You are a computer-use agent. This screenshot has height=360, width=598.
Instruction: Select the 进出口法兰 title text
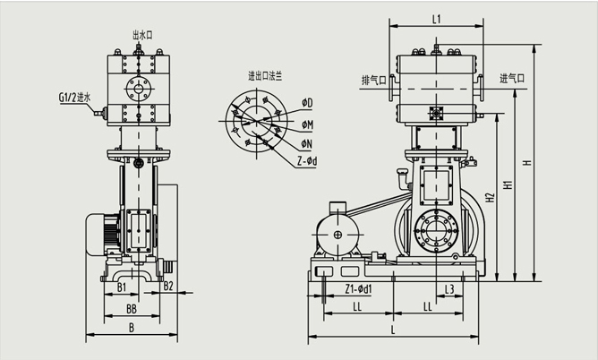pos(265,77)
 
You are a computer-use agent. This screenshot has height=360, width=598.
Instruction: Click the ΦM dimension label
pos(306,124)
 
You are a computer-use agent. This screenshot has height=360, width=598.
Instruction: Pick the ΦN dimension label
pos(306,142)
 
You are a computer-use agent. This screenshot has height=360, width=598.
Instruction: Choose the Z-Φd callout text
pos(309,161)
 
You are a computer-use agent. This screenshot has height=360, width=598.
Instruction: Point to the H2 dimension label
pos(489,197)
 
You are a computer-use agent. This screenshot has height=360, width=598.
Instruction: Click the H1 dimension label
pos(508,186)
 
